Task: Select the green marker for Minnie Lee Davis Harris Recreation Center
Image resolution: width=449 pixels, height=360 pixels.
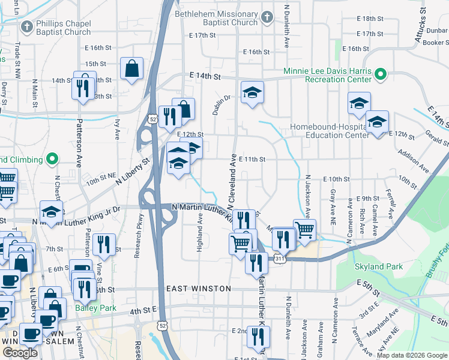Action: pos(380,75)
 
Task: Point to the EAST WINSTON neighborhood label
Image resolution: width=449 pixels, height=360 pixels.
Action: pos(199,289)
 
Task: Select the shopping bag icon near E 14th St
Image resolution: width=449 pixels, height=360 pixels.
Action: pos(131,69)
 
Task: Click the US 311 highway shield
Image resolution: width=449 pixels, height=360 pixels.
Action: pos(280,259)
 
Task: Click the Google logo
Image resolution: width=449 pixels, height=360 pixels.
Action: pos(19,352)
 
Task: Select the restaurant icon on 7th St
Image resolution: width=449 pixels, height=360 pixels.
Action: pos(105,244)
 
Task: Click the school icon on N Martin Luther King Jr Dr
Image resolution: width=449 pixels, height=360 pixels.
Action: pos(52,212)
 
